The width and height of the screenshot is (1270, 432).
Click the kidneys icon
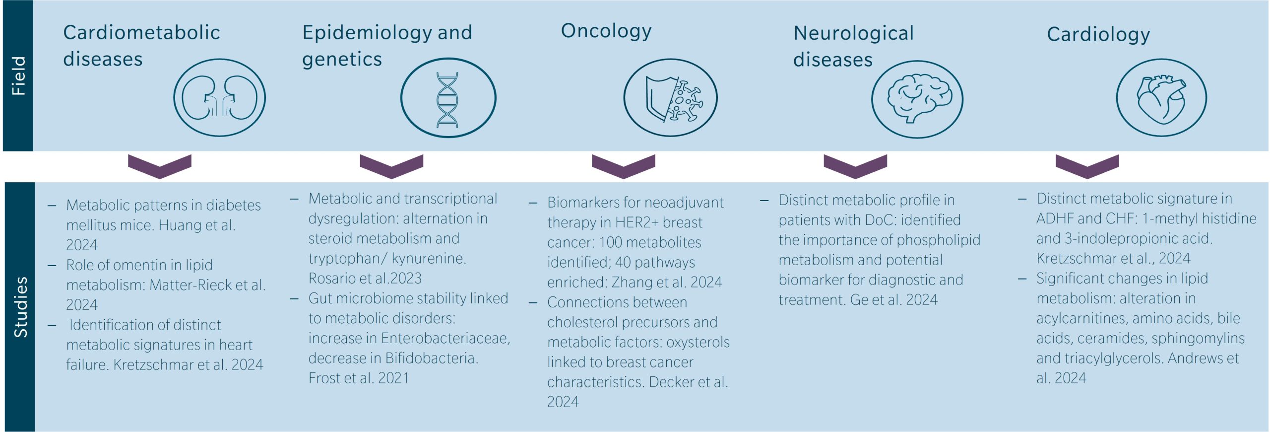click(x=219, y=97)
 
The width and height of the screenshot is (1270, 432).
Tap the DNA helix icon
click(x=447, y=98)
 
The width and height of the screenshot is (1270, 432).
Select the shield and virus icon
click(x=670, y=98)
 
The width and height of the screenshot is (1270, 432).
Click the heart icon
click(x=1161, y=98)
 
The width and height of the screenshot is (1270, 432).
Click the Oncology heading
click(x=606, y=31)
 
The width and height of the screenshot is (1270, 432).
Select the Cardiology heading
click(x=1098, y=34)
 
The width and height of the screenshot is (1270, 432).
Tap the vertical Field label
click(x=18, y=75)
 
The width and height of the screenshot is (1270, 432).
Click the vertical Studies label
click(x=20, y=307)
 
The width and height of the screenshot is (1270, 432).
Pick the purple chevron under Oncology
click(x=623, y=166)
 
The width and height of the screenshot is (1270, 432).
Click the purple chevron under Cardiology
click(x=1087, y=166)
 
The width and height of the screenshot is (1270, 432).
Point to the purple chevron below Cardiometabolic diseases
click(x=159, y=166)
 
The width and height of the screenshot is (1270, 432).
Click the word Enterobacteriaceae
click(x=444, y=338)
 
